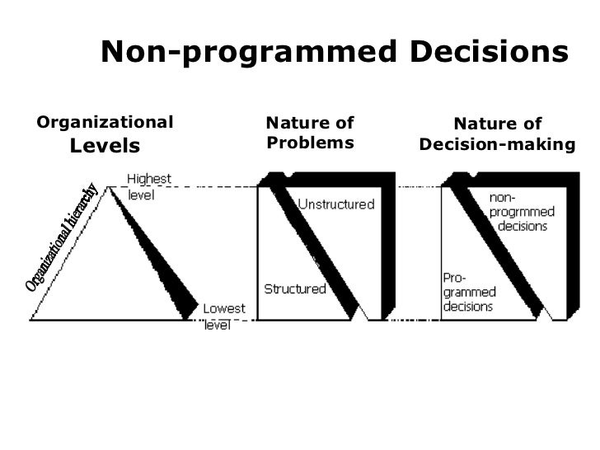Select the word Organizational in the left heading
click(x=105, y=123)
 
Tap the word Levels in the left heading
click(x=105, y=147)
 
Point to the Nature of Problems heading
click(x=310, y=133)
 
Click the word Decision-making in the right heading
click(x=497, y=145)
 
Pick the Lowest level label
click(x=223, y=316)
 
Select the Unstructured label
click(x=335, y=204)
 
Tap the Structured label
click(x=294, y=288)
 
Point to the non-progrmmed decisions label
click(x=522, y=212)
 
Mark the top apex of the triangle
click(x=108, y=187)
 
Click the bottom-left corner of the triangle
click(x=31, y=318)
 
